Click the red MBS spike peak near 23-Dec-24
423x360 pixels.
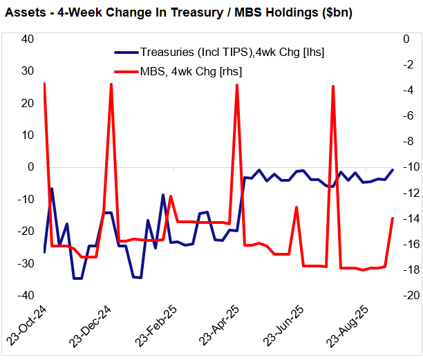[111, 84]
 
